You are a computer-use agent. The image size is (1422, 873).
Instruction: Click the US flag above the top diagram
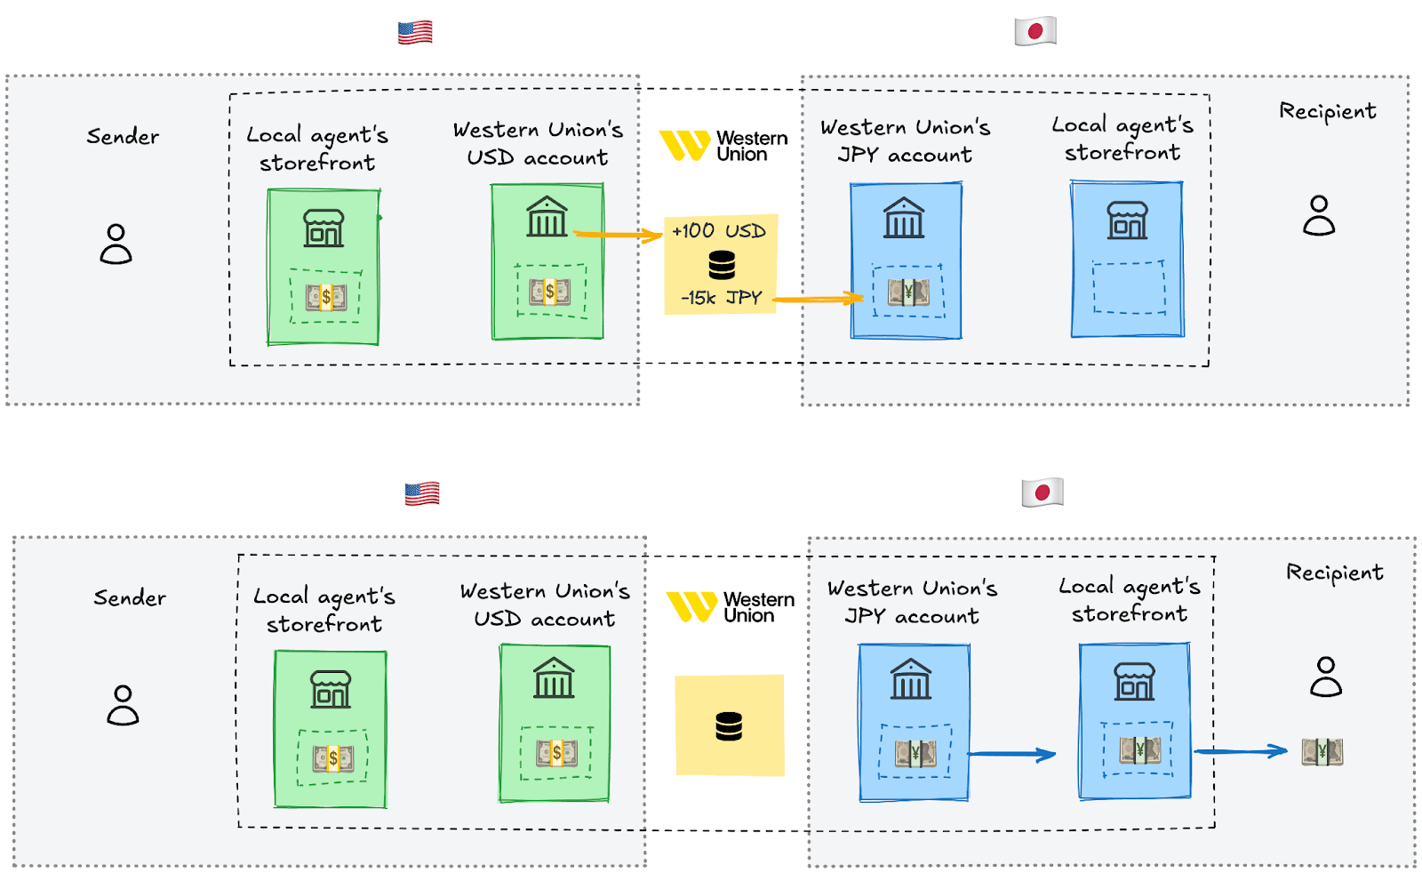pos(415,32)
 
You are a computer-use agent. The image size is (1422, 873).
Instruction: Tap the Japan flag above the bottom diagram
pos(1043,493)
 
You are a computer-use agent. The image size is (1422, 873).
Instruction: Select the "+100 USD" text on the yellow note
pos(719,230)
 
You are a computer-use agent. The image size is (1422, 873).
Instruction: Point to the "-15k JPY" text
pos(721,297)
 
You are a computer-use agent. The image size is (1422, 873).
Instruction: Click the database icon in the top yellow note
pos(722,266)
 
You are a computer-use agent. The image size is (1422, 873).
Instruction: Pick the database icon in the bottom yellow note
pos(729,727)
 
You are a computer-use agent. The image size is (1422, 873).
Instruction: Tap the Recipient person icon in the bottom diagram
pos(1326,677)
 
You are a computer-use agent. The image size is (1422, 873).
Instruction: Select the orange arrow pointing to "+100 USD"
pos(618,235)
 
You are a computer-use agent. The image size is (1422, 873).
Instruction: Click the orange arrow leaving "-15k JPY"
pos(819,299)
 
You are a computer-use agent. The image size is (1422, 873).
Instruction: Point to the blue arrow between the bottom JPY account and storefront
pos(1012,754)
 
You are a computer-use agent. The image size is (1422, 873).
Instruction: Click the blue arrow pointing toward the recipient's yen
pos(1241,751)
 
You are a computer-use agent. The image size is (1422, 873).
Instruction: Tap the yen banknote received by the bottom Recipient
pos(1322,752)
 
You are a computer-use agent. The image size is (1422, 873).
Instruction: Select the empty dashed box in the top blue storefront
pos(1129,287)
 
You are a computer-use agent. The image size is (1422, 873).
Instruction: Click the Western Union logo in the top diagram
pos(723,146)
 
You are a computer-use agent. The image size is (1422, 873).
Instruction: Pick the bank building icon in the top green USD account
pos(547,217)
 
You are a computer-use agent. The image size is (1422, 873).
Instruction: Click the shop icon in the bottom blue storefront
pos(1134,681)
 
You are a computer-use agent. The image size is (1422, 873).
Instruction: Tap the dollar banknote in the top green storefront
pos(326,297)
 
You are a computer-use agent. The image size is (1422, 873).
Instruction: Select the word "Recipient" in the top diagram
pos(1328,111)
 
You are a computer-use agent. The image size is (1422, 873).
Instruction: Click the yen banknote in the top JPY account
pos(908,292)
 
